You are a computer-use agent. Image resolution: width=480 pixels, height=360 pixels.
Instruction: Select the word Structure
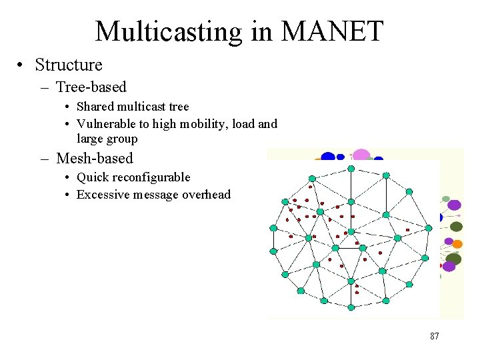[x=69, y=65]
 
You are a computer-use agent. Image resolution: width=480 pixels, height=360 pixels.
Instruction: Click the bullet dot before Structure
[x=23, y=65]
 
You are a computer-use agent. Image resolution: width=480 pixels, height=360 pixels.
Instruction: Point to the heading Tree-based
[x=91, y=87]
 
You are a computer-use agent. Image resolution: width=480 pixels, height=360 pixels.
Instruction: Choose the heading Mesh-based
[x=95, y=158]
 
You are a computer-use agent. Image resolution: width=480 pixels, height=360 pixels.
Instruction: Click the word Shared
[x=95, y=107]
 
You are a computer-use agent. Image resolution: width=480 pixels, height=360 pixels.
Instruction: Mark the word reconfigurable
[x=149, y=177]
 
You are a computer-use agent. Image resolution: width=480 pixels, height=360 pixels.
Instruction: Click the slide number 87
[x=435, y=336]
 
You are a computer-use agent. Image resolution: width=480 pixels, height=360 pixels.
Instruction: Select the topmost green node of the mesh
[x=351, y=169]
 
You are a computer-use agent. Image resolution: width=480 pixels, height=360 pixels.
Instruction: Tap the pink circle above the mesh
[x=361, y=155]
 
